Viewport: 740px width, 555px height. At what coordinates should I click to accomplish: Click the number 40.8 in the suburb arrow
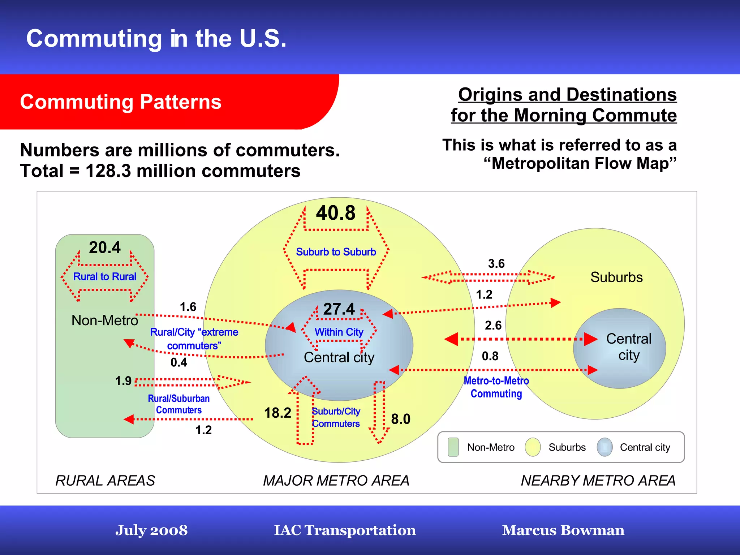336,213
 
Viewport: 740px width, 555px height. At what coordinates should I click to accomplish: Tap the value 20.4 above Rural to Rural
105,248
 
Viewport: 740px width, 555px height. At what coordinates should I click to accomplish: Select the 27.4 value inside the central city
339,309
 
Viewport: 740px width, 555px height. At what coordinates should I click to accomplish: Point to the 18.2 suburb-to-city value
277,413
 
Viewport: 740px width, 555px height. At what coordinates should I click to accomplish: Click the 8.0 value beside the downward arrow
401,419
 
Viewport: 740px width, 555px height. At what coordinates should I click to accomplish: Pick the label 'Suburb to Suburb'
336,252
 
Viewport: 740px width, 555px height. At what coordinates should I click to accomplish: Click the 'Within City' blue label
339,332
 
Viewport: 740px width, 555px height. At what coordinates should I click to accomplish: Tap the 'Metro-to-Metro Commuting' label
496,387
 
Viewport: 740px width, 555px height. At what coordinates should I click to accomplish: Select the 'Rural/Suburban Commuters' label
178,404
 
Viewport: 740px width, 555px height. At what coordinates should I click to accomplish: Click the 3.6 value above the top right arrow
496,264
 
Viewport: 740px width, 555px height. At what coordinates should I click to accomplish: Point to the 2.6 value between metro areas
493,325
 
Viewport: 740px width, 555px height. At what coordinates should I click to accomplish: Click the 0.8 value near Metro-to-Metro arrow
490,356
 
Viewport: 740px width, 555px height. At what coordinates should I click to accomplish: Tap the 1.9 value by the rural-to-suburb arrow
123,381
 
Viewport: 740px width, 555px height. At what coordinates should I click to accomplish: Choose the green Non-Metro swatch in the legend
453,447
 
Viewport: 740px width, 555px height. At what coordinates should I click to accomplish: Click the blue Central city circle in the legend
605,447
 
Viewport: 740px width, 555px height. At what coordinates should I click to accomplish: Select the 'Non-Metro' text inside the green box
105,320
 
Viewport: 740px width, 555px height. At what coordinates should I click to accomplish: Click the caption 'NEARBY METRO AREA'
598,481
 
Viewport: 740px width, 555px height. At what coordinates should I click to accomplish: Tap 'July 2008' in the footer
151,530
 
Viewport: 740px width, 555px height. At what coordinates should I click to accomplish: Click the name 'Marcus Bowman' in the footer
563,530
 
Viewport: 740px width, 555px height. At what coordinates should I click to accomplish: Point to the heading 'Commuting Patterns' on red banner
121,102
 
